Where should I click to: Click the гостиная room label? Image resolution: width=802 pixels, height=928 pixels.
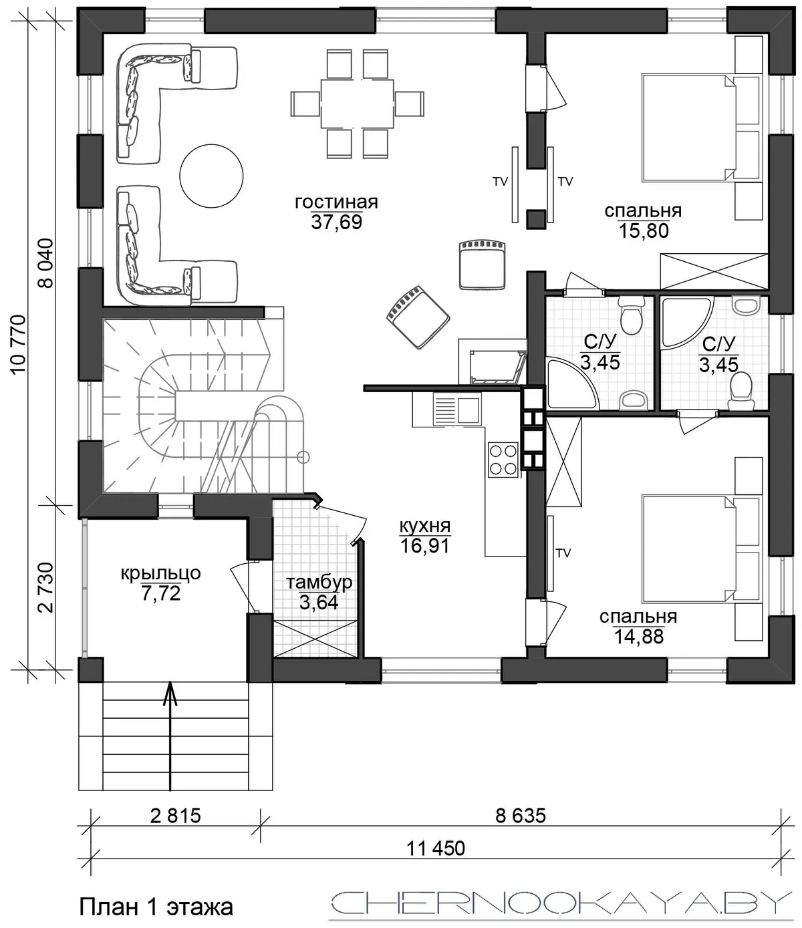click(x=336, y=202)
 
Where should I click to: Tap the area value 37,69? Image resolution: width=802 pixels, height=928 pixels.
click(x=337, y=222)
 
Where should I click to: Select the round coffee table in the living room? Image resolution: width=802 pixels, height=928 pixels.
click(x=211, y=176)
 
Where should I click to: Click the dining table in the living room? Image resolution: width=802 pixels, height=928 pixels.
click(x=357, y=104)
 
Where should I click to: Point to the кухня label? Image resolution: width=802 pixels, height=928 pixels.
click(x=425, y=526)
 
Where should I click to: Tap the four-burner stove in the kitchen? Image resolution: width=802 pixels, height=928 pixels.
click(x=503, y=460)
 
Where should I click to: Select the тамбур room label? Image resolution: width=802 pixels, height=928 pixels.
click(x=319, y=583)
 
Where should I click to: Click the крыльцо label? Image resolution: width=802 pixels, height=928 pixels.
click(x=161, y=574)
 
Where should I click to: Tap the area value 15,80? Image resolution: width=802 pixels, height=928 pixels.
click(x=644, y=230)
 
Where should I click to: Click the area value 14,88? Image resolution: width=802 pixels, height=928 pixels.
click(x=638, y=637)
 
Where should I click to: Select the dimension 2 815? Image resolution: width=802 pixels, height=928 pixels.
click(x=175, y=816)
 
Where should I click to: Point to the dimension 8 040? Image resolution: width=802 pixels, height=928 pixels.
click(x=46, y=263)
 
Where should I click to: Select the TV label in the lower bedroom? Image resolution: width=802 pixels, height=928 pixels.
click(x=563, y=554)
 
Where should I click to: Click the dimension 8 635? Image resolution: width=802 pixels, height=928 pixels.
click(x=521, y=816)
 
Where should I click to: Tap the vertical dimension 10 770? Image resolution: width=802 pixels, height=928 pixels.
click(x=19, y=345)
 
